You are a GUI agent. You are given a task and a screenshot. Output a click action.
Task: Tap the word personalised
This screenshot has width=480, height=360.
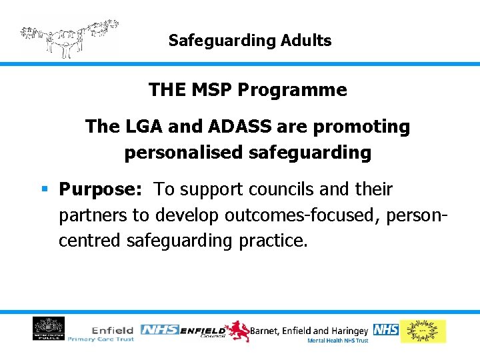click(184, 153)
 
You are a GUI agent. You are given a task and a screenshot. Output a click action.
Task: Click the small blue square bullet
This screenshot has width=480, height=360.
click(45, 189)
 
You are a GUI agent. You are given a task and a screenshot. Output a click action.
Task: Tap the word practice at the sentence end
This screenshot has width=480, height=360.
click(274, 241)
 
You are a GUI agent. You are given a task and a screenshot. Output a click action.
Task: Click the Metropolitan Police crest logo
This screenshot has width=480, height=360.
click(49, 329)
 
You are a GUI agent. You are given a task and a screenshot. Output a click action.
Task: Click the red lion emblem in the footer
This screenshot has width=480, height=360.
click(237, 331)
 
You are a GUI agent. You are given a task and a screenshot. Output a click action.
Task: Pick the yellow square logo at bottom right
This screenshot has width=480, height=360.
click(423, 331)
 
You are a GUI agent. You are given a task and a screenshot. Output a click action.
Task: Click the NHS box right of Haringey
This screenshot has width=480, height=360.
click(385, 329)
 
